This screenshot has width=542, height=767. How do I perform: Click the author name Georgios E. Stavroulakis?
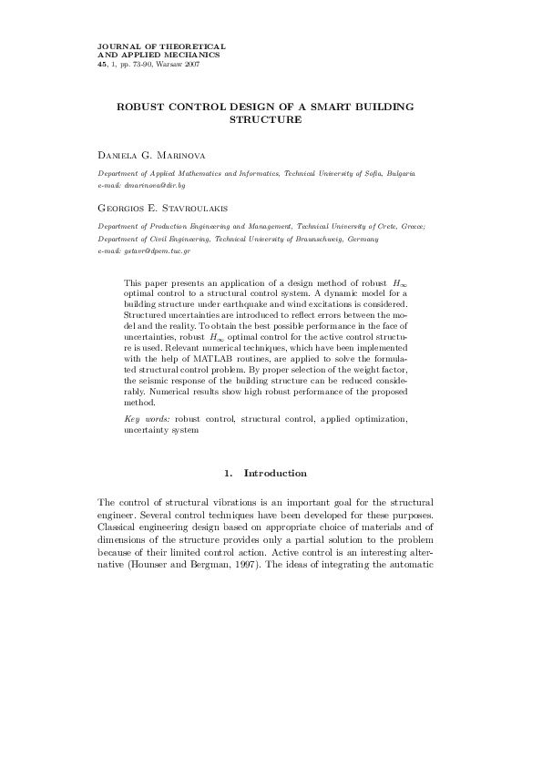(167, 207)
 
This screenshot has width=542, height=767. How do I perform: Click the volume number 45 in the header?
(101, 65)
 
